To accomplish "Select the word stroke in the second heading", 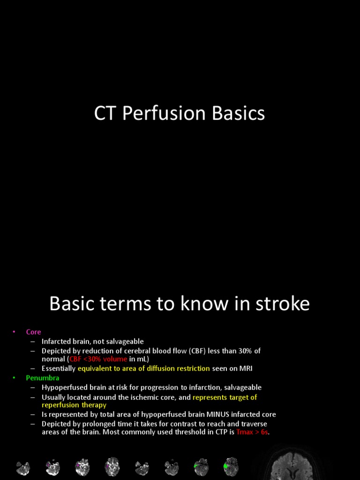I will (x=284, y=304).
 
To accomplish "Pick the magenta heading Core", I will (x=34, y=332).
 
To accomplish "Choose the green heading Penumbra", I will (x=43, y=377).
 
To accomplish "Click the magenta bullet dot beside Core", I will (x=14, y=332).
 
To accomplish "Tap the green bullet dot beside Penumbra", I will (x=14, y=377).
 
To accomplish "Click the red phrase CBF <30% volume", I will (x=98, y=359).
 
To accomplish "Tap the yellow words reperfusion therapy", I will (x=74, y=405).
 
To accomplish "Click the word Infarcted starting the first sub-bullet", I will (x=56, y=341).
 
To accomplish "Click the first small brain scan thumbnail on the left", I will (x=23, y=468).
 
